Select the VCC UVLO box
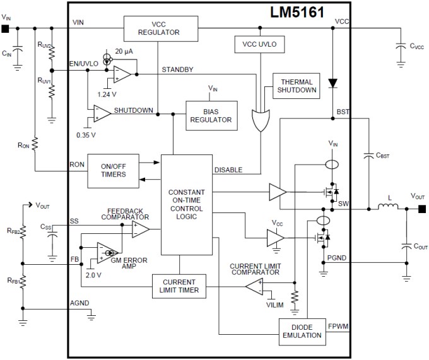[260, 45]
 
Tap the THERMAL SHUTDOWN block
[298, 86]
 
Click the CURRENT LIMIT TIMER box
[179, 286]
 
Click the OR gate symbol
[260, 119]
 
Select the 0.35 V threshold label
[86, 134]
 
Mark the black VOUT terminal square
[421, 209]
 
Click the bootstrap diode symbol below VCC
[332, 83]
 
